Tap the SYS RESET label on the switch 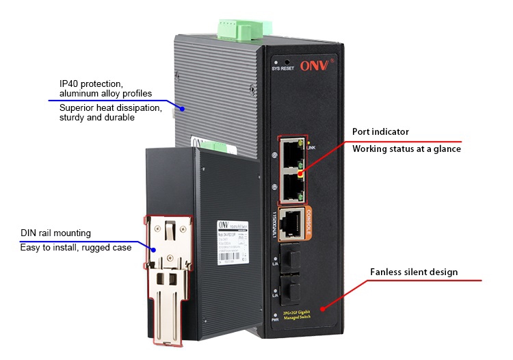point(284,69)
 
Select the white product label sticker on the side point(231,243)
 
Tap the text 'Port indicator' point(380,131)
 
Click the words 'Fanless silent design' point(414,272)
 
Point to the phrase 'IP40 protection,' point(91,83)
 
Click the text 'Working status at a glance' point(406,149)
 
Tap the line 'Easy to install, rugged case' point(76,247)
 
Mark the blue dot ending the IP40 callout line point(182,108)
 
